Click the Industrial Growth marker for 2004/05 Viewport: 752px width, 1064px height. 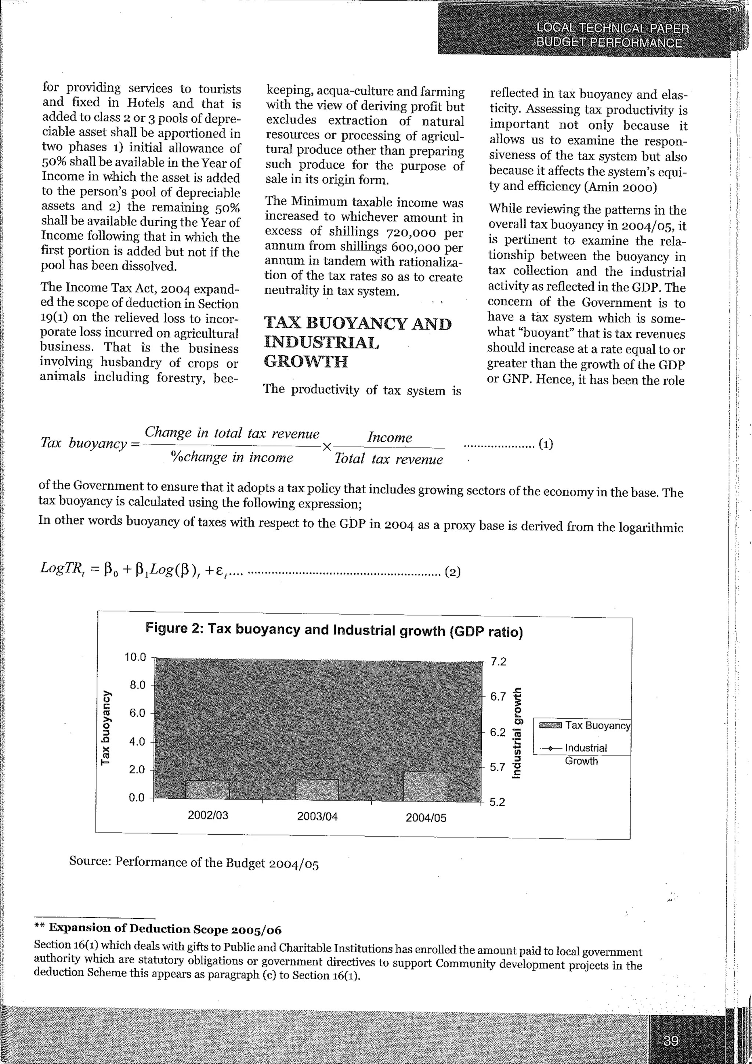[426, 696]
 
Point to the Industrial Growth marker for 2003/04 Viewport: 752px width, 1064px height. [317, 765]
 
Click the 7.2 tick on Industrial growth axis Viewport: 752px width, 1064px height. [498, 662]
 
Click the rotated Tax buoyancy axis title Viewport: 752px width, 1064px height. [106, 727]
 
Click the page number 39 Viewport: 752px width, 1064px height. [670, 1041]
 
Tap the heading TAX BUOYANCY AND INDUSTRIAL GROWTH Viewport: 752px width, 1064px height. [357, 342]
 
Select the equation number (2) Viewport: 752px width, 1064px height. [452, 572]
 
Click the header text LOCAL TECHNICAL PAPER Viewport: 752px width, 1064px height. [612, 28]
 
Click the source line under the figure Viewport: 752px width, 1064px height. [194, 862]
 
